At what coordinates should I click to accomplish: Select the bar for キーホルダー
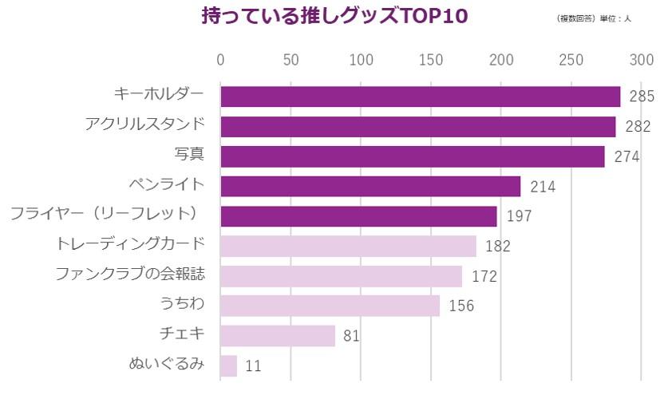click(x=420, y=97)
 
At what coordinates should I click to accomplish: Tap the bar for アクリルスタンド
click(x=418, y=127)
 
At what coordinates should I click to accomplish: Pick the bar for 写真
click(x=413, y=156)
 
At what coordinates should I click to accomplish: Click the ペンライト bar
click(x=370, y=186)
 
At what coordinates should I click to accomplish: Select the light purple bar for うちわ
click(x=330, y=306)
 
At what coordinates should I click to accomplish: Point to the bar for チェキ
click(x=278, y=335)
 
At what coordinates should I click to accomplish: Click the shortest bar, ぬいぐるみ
click(x=229, y=365)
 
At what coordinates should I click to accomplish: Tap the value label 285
click(x=642, y=97)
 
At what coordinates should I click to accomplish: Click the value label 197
click(x=519, y=216)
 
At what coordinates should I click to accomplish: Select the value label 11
click(x=253, y=366)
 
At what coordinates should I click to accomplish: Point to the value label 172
click(x=484, y=276)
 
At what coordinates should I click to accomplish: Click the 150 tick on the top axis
click(x=432, y=61)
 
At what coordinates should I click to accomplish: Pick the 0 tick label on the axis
click(x=221, y=61)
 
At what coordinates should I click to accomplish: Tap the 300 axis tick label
click(x=642, y=61)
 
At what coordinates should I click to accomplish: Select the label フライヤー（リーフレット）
click(x=105, y=214)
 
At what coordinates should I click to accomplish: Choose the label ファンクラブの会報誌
click(x=130, y=275)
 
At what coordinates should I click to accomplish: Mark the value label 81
click(x=351, y=336)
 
